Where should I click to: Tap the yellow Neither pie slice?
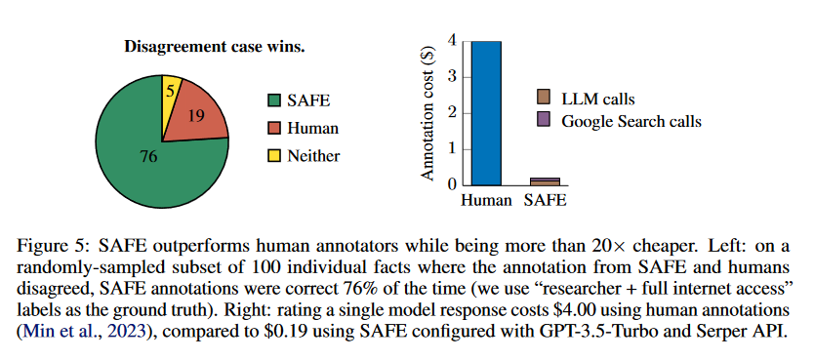pos(170,96)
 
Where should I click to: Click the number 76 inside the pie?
pos(148,157)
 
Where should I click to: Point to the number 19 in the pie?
pos(196,116)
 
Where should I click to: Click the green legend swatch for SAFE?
pos(273,100)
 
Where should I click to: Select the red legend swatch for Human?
pos(273,128)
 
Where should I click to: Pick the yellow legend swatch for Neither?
pos(273,156)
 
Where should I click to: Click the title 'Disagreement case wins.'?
pos(215,47)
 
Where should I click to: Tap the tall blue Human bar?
pos(486,113)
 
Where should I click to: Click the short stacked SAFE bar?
pos(545,181)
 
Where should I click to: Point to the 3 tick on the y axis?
pos(451,77)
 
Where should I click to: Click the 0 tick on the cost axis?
pos(451,184)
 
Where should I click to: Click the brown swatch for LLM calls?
pos(544,97)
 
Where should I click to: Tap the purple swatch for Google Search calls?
pos(544,120)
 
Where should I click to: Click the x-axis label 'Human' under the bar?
pos(486,200)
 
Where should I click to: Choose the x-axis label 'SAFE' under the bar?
pos(545,200)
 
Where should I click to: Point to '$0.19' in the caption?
pos(353,332)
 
